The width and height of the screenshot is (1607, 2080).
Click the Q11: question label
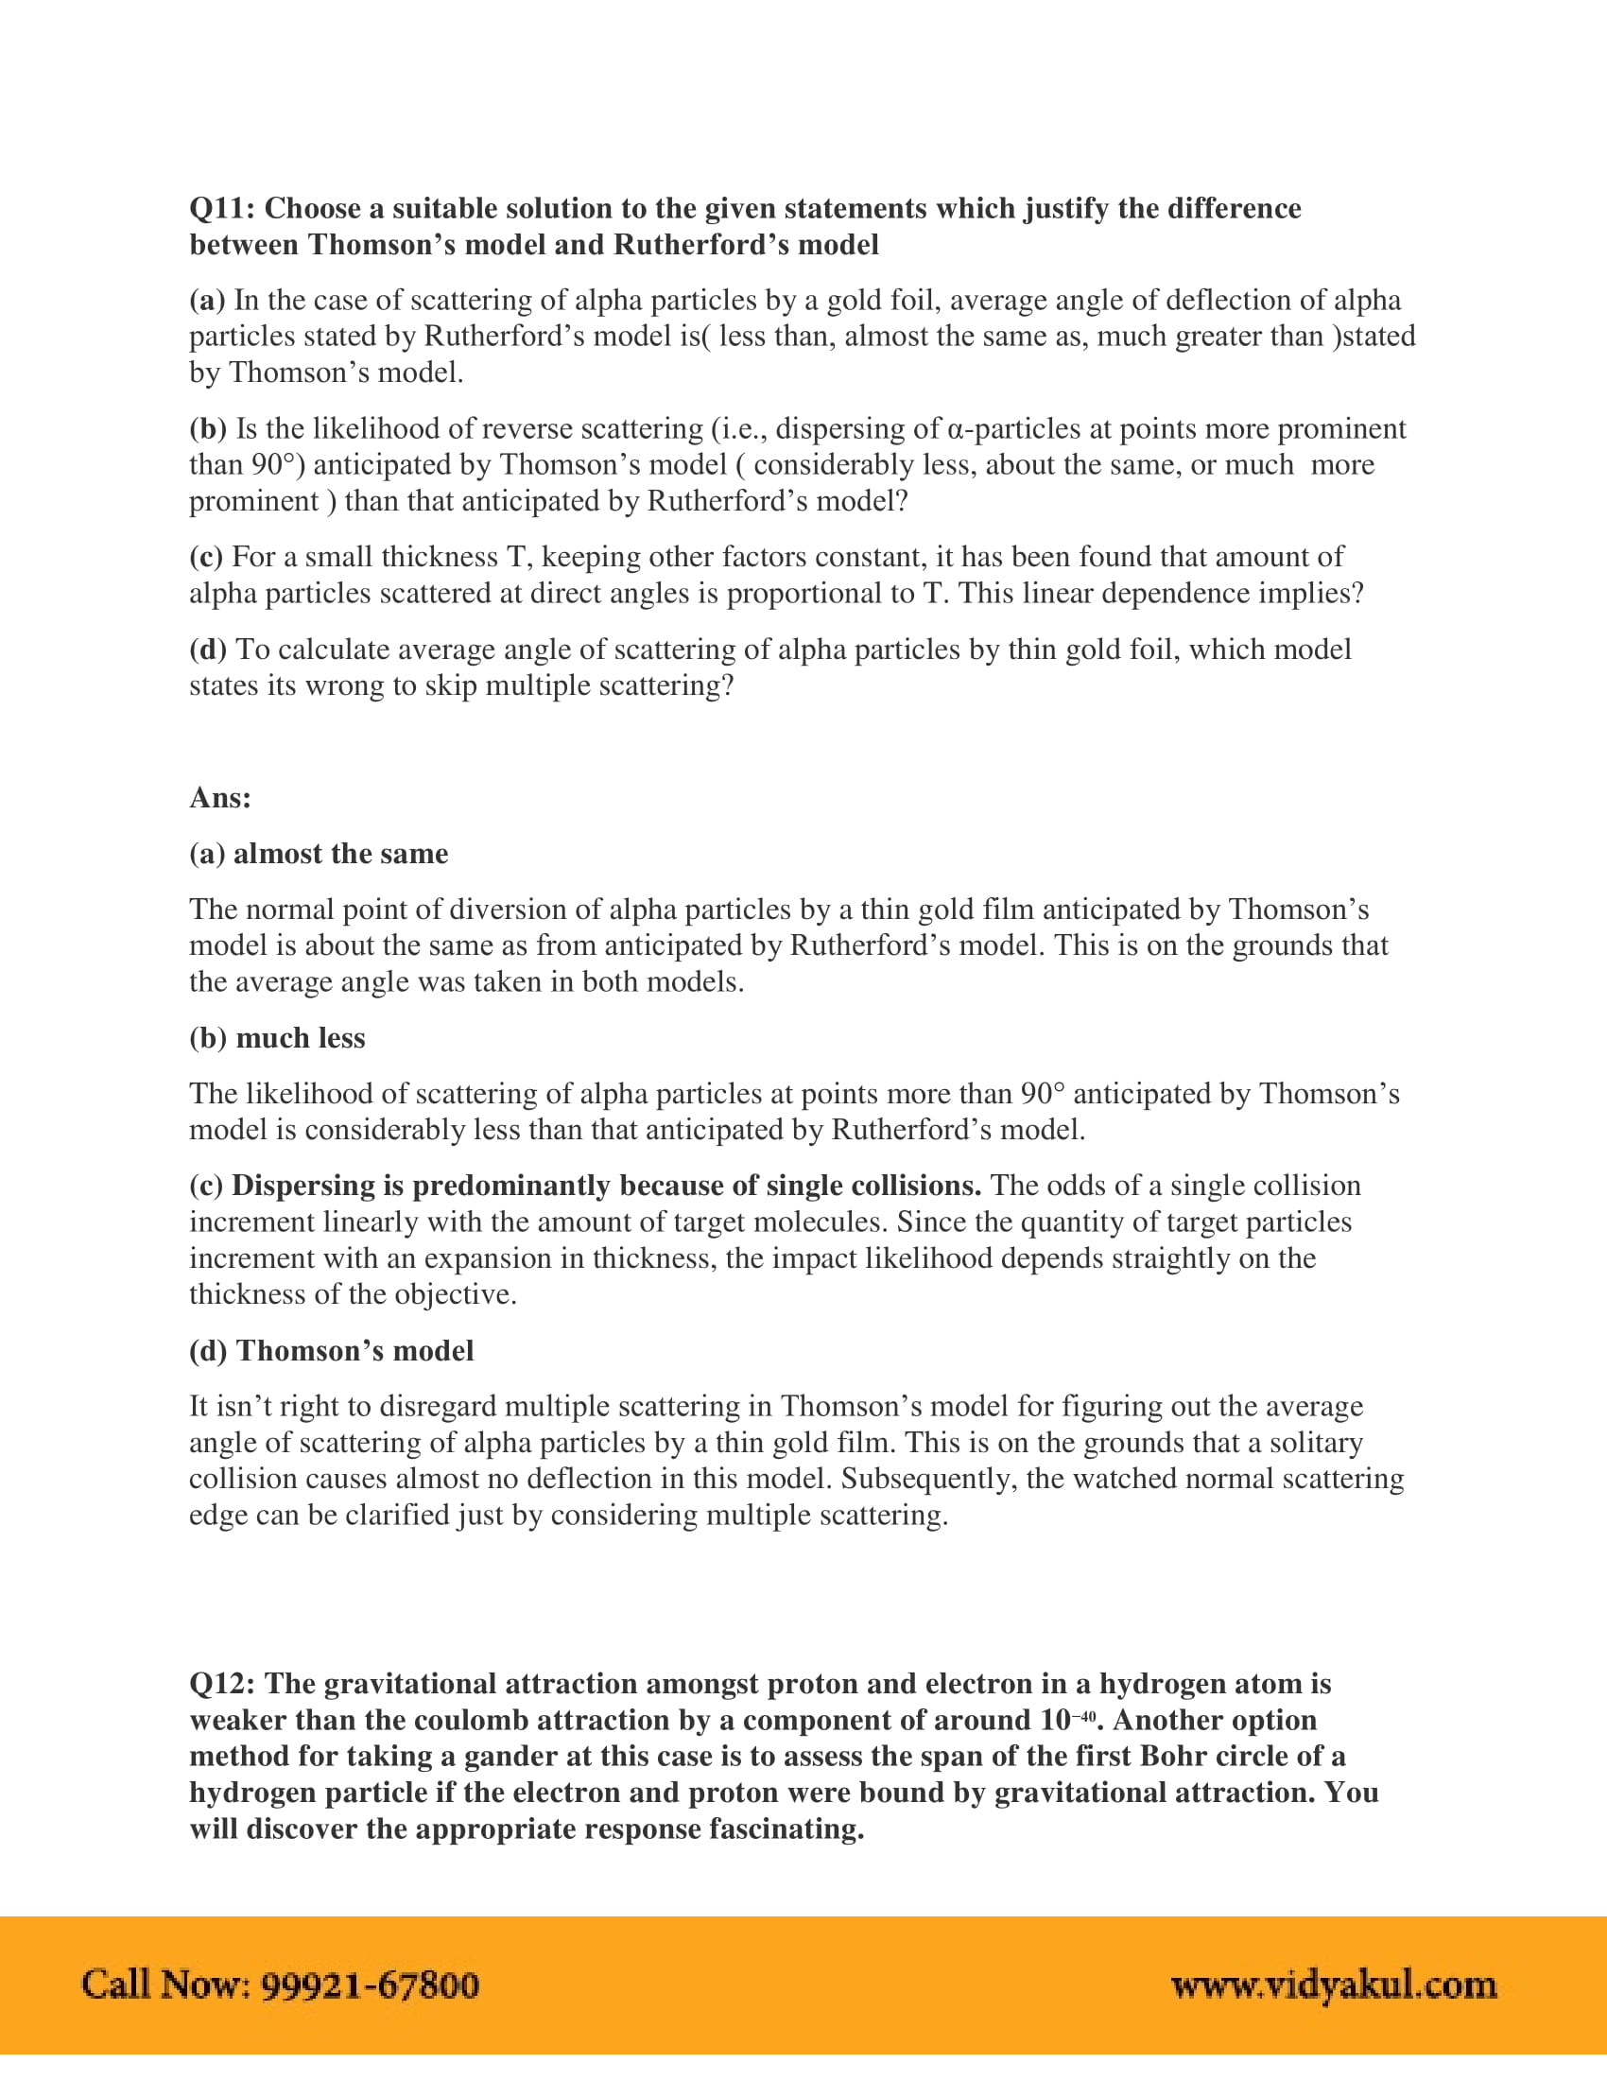pyautogui.click(x=222, y=208)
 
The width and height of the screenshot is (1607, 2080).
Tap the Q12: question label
pyautogui.click(x=222, y=1684)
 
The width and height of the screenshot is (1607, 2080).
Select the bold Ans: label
pyautogui.click(x=220, y=797)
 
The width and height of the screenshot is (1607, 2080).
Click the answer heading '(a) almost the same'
pyautogui.click(x=318, y=854)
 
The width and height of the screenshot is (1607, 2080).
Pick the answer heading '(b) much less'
pyautogui.click(x=277, y=1037)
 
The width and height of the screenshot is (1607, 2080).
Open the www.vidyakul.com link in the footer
pyautogui.click(x=1334, y=1985)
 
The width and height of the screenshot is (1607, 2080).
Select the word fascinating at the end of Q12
pyautogui.click(x=786, y=1829)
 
